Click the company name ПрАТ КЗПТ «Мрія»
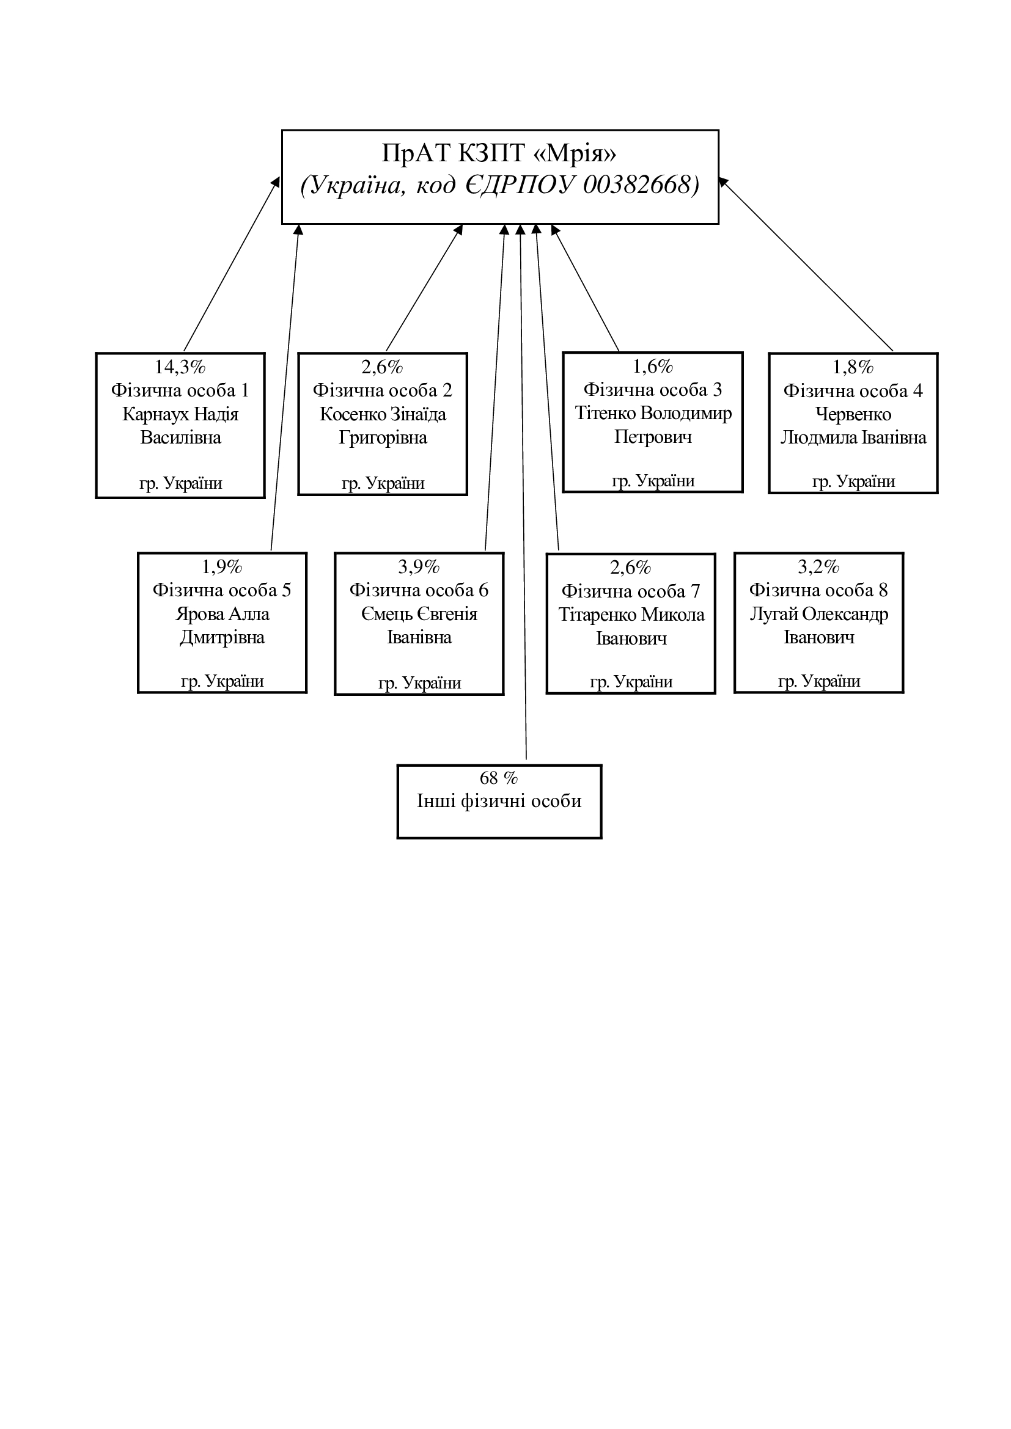click(x=499, y=153)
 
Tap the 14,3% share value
click(x=180, y=367)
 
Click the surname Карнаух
click(x=155, y=414)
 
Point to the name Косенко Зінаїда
click(x=383, y=414)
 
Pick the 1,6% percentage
click(x=653, y=367)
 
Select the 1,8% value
click(x=853, y=367)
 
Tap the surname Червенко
click(x=853, y=414)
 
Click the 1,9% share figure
click(x=222, y=566)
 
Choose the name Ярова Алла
click(x=222, y=613)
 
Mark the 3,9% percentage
click(x=419, y=566)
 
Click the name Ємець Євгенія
click(x=419, y=613)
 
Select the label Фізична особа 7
click(x=631, y=591)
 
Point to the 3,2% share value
click(x=818, y=566)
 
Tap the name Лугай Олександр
click(x=818, y=613)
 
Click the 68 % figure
click(x=499, y=778)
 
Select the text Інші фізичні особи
click(x=499, y=801)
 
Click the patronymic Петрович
click(x=653, y=437)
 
